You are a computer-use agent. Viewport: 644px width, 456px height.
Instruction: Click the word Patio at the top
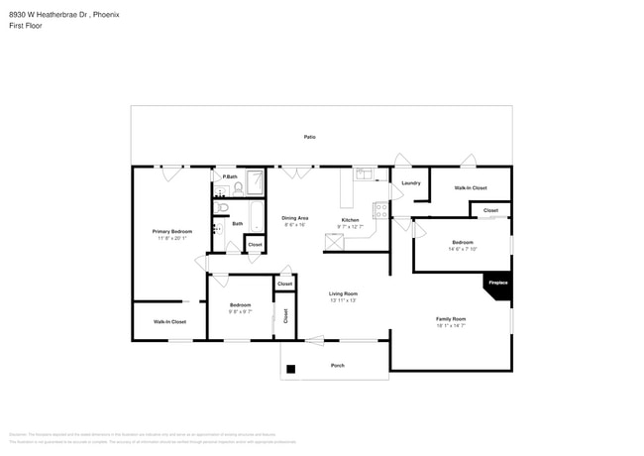pos(310,137)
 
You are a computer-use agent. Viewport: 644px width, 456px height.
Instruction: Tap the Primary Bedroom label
pos(171,231)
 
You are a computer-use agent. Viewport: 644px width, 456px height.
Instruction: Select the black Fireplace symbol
pos(497,284)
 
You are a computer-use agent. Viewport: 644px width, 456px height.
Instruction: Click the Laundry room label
pos(411,183)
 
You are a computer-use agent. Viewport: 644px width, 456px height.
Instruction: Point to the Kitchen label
pos(350,219)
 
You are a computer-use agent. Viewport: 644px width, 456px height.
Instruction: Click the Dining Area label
pos(295,218)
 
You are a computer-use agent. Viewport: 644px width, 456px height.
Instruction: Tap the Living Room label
pos(343,293)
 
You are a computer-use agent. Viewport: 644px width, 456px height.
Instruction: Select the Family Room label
pos(451,318)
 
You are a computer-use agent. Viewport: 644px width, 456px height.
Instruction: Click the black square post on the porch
pos(290,370)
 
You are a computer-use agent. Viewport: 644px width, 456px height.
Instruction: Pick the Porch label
pos(336,366)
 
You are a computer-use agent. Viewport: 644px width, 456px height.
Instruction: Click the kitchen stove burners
pos(378,209)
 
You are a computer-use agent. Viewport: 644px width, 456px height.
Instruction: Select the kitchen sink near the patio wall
pos(364,174)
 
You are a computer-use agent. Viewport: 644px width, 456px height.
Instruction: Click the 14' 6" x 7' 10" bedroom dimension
pos(463,250)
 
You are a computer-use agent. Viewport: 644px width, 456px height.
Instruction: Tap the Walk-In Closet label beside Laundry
pos(470,187)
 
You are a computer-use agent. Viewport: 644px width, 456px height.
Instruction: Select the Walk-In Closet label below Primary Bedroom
pos(169,322)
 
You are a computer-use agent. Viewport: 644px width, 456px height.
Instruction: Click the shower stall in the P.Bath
pos(254,183)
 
